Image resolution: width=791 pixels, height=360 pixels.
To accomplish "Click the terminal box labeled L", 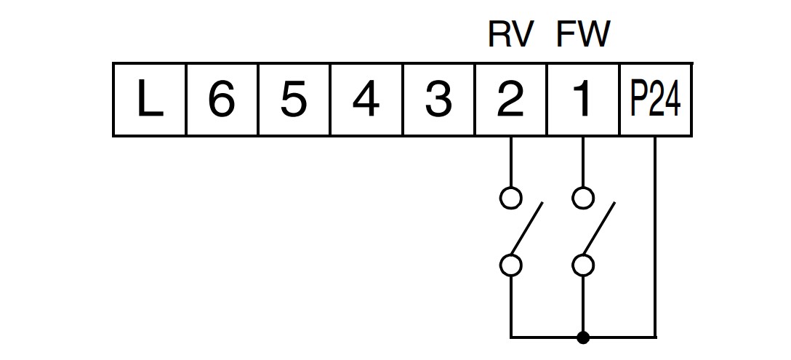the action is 150,100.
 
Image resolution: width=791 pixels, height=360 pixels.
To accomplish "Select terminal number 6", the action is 222,100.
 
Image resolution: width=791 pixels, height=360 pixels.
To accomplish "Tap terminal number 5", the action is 294,100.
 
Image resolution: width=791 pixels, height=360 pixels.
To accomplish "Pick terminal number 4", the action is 366,100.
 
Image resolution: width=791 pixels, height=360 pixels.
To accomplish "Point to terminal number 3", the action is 438,100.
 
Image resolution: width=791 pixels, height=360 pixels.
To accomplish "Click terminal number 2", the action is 510,100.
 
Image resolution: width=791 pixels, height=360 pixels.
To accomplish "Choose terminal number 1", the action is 582,100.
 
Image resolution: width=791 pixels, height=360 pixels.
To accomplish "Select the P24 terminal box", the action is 655,100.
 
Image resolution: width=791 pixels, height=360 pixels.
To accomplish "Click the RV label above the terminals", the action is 510,34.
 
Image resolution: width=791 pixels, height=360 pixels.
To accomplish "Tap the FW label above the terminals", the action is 583,34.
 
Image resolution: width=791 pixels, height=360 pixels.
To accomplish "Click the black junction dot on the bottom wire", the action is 583,337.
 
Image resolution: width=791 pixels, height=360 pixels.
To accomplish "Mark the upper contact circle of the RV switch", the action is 510,198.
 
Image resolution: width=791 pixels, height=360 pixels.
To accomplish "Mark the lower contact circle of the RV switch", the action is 510,265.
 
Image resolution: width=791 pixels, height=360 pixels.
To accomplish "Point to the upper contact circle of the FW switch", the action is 583,198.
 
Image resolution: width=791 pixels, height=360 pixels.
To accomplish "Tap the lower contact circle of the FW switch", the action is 583,265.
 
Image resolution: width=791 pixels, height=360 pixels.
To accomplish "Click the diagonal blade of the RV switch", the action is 526,228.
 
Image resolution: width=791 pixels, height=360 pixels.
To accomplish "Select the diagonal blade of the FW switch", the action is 599,228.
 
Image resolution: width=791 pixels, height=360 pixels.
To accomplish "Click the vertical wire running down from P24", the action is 655,236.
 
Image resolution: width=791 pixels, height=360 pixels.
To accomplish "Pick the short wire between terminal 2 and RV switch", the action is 510,161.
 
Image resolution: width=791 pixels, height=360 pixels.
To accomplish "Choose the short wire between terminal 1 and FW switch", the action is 583,161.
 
